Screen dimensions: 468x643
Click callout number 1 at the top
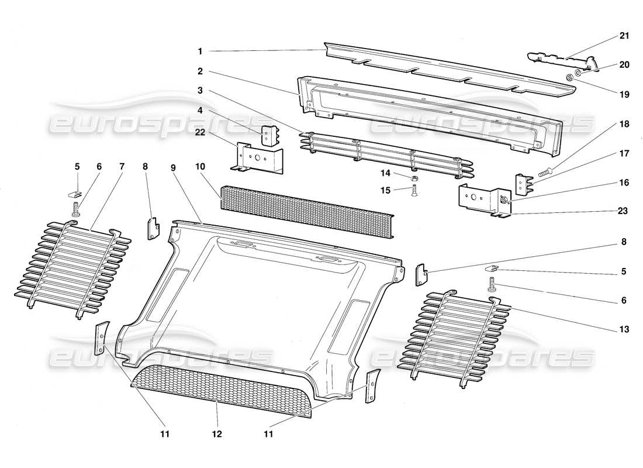point(200,51)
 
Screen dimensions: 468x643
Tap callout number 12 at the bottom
point(217,434)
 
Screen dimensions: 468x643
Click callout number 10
point(200,167)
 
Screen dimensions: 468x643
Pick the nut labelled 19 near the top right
point(568,77)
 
